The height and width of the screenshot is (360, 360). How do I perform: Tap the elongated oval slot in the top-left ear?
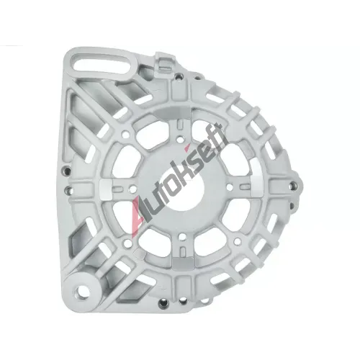(x=103, y=65)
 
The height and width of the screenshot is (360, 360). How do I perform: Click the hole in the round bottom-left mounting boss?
(x=81, y=292)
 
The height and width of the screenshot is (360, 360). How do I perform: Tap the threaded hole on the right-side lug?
(x=293, y=186)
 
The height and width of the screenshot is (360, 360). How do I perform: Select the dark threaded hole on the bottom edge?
(x=164, y=304)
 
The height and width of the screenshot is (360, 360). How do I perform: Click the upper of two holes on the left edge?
(x=67, y=171)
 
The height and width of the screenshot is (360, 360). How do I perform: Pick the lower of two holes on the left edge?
(x=69, y=191)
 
